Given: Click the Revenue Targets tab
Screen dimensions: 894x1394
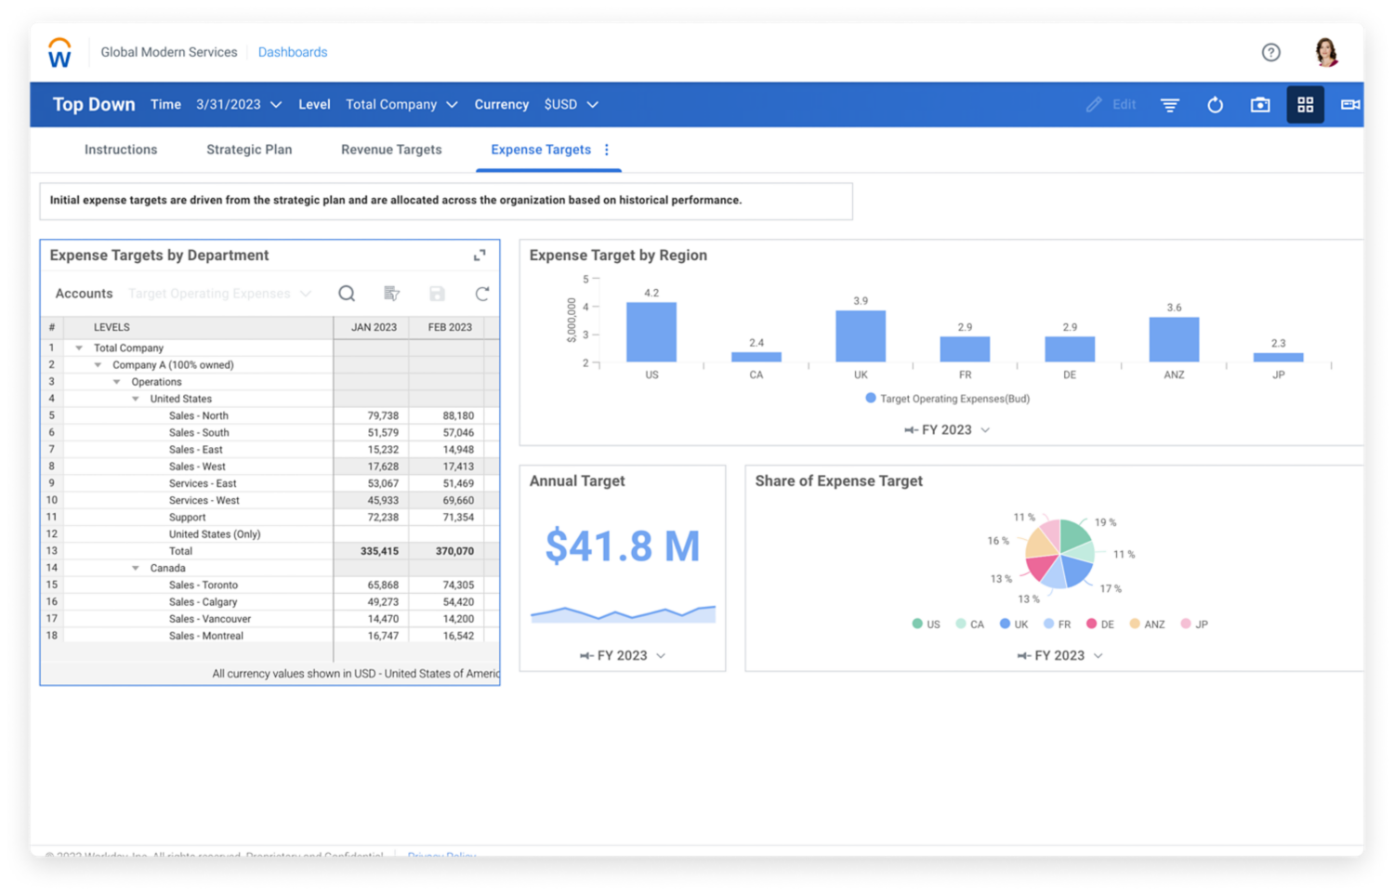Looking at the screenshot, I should click(391, 150).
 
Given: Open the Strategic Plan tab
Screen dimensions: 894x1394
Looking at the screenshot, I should click(249, 150).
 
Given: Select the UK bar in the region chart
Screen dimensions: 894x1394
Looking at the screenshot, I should click(861, 335).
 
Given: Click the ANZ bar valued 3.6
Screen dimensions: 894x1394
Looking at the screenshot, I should click(1174, 339).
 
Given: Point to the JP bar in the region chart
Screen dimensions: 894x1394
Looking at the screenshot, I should click(1278, 357).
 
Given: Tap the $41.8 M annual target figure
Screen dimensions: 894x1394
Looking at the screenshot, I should click(622, 546).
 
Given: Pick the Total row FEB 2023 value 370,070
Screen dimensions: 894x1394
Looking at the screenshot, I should click(454, 551).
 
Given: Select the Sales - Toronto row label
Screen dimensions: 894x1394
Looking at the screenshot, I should click(204, 585).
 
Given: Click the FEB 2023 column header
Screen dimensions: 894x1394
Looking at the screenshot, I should click(450, 327).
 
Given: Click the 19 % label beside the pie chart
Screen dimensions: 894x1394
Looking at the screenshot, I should click(1105, 522).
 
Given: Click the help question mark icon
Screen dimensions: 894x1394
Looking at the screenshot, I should click(1270, 53).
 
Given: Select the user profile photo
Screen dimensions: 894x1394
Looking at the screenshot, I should click(1326, 52).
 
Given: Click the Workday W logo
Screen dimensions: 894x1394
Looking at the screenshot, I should click(59, 54).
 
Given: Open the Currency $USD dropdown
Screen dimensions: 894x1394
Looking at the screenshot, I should click(571, 105).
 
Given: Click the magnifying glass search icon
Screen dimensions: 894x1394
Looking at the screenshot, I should click(347, 294).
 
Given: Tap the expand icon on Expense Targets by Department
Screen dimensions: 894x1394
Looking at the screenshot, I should click(480, 256).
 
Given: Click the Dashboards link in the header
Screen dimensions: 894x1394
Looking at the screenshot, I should click(293, 52).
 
